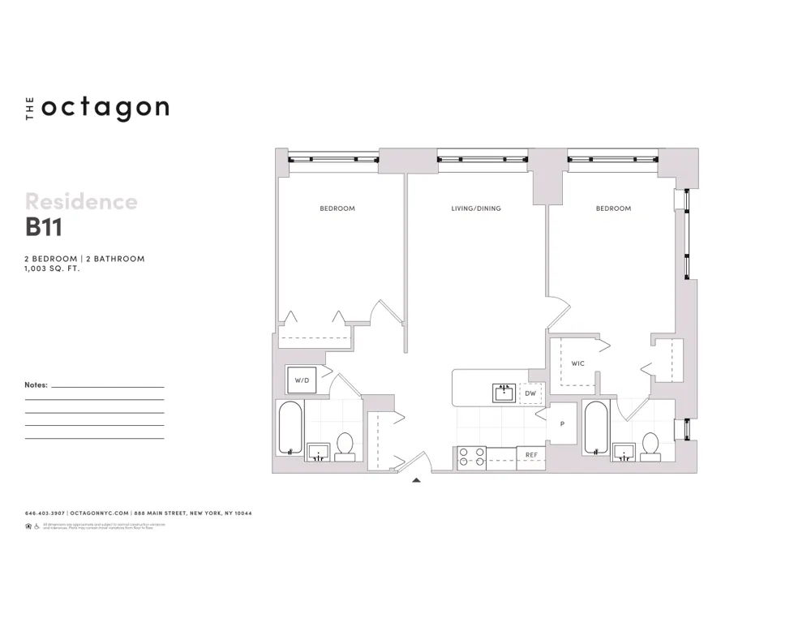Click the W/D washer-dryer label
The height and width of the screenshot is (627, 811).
(x=302, y=380)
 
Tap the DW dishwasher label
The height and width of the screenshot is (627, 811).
(x=530, y=393)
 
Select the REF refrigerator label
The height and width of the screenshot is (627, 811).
(x=531, y=455)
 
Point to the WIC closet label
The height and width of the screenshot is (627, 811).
(x=577, y=363)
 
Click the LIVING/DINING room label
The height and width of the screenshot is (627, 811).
(x=476, y=208)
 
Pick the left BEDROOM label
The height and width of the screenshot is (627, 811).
(x=337, y=208)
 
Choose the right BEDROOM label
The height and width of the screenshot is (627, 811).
(x=613, y=208)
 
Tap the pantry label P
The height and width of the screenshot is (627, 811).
(x=562, y=423)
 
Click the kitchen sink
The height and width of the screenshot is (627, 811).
(x=505, y=393)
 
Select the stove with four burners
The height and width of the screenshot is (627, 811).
(x=471, y=458)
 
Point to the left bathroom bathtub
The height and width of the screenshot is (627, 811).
(x=290, y=428)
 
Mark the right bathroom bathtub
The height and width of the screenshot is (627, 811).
(x=595, y=427)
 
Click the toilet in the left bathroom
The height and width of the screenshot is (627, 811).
(x=345, y=446)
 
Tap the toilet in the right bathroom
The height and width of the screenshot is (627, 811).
(x=650, y=446)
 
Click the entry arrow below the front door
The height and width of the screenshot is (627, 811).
(x=416, y=480)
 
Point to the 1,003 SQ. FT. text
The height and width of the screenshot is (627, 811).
(x=53, y=268)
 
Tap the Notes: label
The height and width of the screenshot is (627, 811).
(x=36, y=385)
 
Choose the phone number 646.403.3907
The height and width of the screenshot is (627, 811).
(x=45, y=513)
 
